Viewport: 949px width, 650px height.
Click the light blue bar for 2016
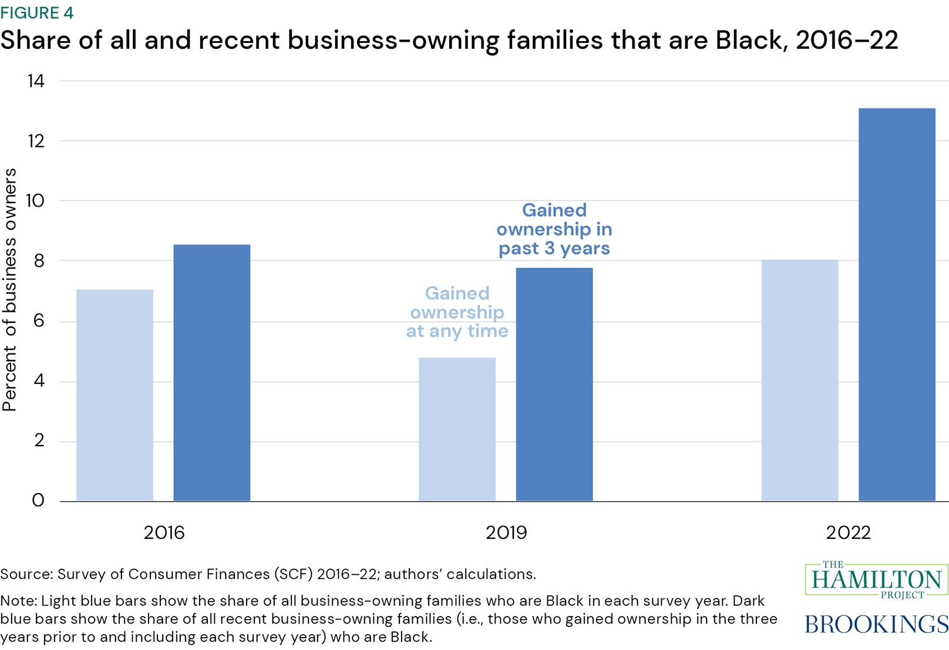pyautogui.click(x=115, y=395)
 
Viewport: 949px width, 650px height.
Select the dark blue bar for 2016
pyautogui.click(x=211, y=372)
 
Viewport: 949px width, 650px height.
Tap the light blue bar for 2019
pyautogui.click(x=457, y=429)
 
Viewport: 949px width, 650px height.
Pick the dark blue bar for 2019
pyautogui.click(x=554, y=384)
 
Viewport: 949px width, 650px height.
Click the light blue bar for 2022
pyautogui.click(x=799, y=380)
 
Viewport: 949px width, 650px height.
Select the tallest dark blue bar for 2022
pyautogui.click(x=896, y=304)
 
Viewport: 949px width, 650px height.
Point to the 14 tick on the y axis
pyautogui.click(x=36, y=81)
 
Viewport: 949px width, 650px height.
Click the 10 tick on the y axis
pyautogui.click(x=35, y=201)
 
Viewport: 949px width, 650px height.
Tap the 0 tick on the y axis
pyautogui.click(x=38, y=500)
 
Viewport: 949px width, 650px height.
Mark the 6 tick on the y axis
pyautogui.click(x=39, y=321)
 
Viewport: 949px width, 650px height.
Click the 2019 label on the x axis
pyautogui.click(x=506, y=533)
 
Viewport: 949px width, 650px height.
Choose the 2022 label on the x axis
pyautogui.click(x=848, y=533)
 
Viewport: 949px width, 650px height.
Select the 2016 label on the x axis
pyautogui.click(x=164, y=533)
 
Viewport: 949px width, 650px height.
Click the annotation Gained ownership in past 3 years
pyautogui.click(x=554, y=229)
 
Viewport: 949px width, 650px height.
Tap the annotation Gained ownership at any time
pyautogui.click(x=457, y=312)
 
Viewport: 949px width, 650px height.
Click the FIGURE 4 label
pyautogui.click(x=37, y=13)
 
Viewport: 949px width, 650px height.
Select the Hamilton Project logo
pyautogui.click(x=876, y=580)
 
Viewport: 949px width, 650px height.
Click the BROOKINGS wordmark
pyautogui.click(x=876, y=624)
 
